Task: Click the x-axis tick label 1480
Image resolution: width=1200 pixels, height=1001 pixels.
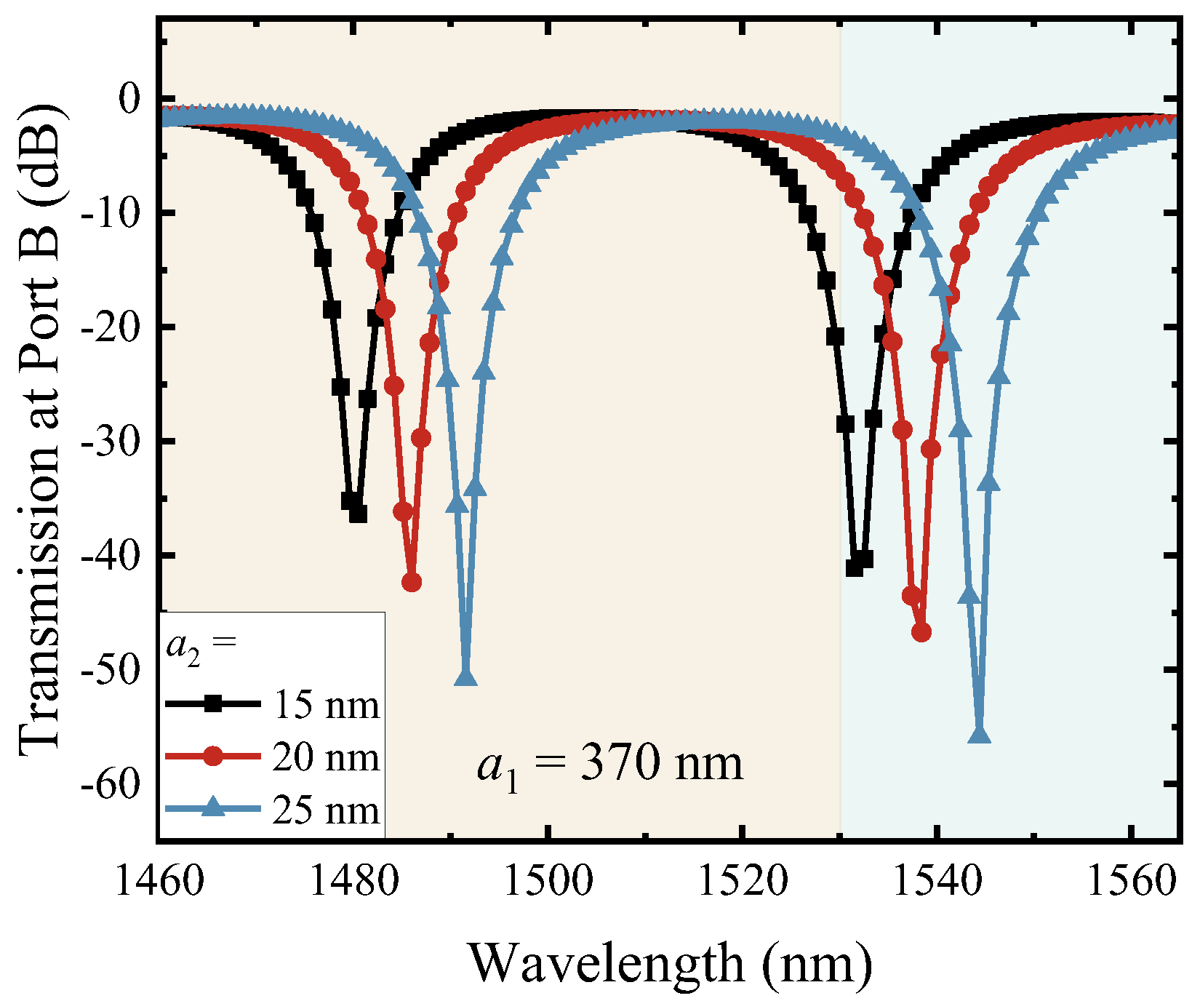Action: (x=353, y=882)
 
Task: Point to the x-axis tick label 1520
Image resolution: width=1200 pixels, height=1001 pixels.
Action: (x=742, y=882)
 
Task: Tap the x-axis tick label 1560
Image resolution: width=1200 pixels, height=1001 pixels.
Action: (x=1131, y=882)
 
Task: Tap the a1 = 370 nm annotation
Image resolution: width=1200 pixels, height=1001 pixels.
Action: (x=610, y=765)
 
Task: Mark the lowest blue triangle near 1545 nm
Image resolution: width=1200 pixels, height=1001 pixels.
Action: (x=980, y=735)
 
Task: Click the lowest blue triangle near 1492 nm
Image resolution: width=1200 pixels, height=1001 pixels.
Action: (x=465, y=678)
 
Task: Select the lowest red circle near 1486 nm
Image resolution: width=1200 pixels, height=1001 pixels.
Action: (x=412, y=582)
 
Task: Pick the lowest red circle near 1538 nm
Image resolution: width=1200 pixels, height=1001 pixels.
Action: (x=921, y=632)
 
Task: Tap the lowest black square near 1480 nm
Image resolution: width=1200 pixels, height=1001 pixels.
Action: (x=358, y=514)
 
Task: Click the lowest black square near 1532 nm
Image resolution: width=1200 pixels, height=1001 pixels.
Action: (x=855, y=567)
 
